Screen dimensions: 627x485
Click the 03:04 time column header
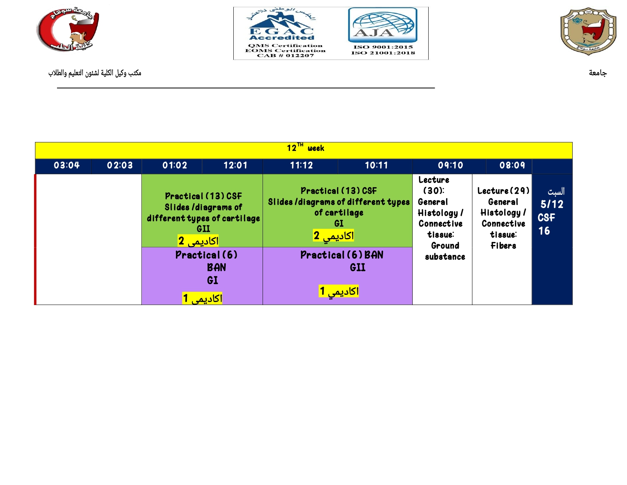(x=66, y=165)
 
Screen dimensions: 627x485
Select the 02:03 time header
(x=120, y=165)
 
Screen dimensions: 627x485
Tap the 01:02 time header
(x=174, y=165)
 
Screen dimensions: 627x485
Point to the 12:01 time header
(x=236, y=165)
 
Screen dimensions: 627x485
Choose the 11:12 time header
(x=301, y=165)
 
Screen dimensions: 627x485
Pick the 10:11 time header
(x=376, y=165)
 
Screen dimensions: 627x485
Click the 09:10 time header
(x=450, y=165)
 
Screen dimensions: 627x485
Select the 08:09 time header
(x=512, y=165)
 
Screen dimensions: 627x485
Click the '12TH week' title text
(x=305, y=148)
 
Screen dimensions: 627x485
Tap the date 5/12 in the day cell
(x=552, y=204)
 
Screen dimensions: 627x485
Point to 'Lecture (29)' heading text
(x=503, y=191)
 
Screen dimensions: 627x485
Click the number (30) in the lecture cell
(x=433, y=191)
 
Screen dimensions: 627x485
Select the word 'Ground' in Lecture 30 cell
(x=445, y=245)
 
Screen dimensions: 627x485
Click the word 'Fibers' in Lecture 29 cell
(x=503, y=245)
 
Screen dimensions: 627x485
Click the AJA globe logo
(x=383, y=25)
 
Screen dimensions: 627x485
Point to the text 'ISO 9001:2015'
(x=383, y=47)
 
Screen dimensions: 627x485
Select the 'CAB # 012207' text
(x=285, y=56)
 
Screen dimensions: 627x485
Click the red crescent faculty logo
(x=68, y=29)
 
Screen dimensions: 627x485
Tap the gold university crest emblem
(x=588, y=31)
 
